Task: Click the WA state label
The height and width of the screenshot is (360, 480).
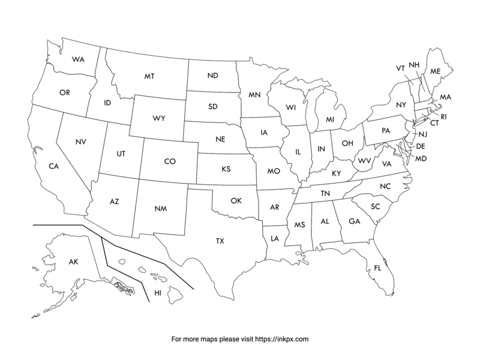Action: click(77, 59)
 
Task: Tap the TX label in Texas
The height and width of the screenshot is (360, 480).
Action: click(220, 241)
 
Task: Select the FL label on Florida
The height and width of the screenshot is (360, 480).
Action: click(377, 268)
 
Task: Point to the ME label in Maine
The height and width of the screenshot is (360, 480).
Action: click(436, 71)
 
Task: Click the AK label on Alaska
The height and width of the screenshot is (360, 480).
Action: click(73, 262)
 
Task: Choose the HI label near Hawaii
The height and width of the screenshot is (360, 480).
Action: click(158, 293)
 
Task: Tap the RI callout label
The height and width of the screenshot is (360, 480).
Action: click(444, 116)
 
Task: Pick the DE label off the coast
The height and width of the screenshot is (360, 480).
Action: click(421, 146)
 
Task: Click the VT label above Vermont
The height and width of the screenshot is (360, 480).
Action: click(400, 68)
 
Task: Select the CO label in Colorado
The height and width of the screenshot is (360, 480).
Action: click(170, 161)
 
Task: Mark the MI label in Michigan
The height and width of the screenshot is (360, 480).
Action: click(330, 120)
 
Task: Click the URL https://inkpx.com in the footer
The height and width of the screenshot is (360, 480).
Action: click(283, 339)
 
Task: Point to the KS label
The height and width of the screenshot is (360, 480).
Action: click(226, 169)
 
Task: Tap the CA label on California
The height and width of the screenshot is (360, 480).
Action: click(54, 166)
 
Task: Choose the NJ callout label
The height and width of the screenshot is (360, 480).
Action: click(422, 134)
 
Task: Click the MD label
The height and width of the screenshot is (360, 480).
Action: click(421, 158)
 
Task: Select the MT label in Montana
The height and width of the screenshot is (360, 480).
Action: click(149, 77)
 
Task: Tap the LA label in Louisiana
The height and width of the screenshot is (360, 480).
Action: click(275, 238)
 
